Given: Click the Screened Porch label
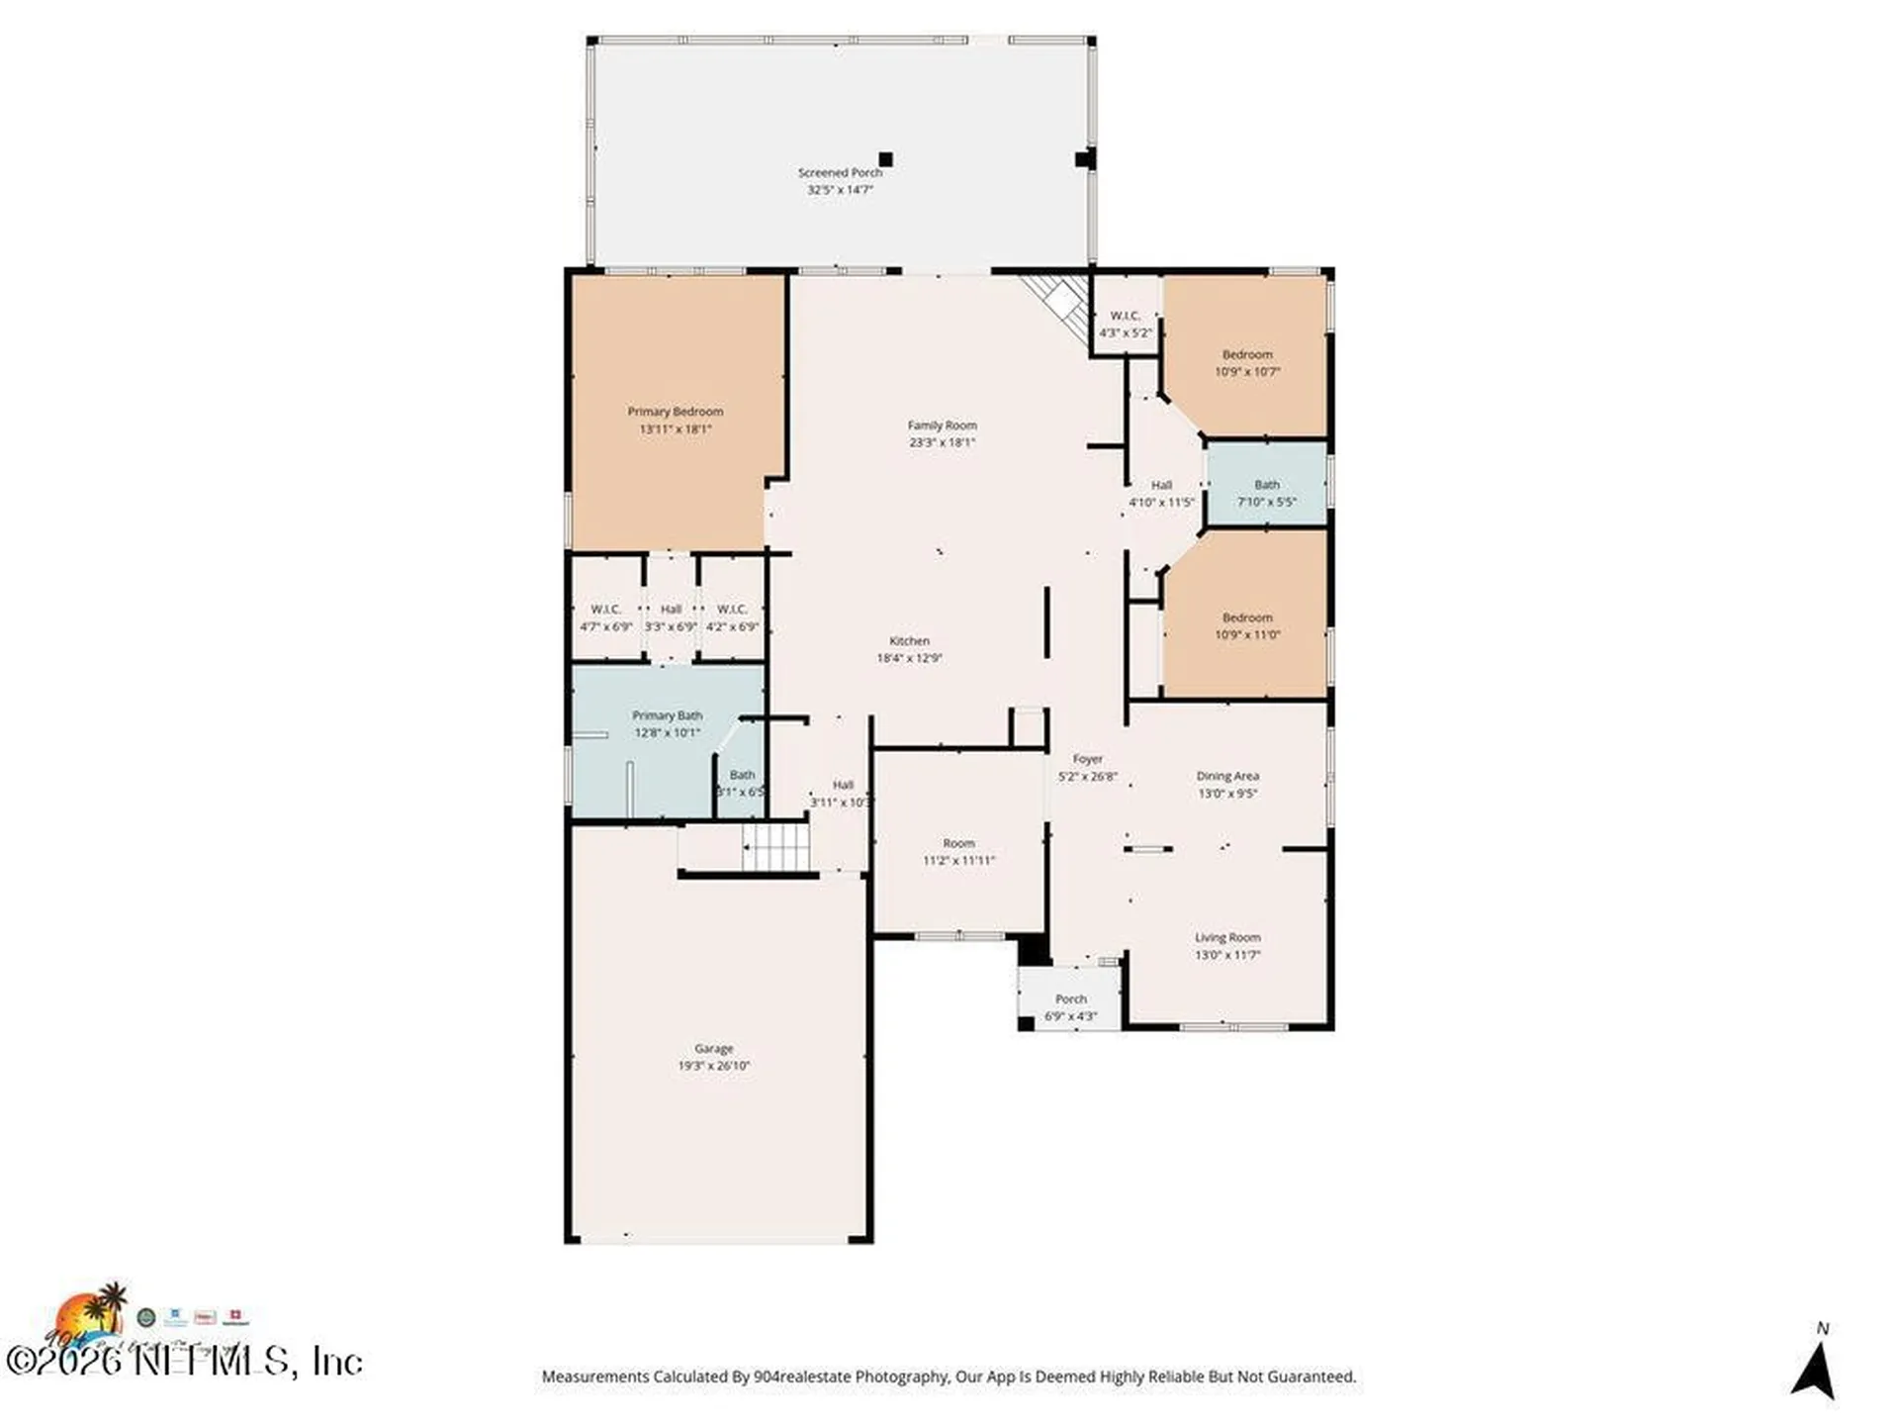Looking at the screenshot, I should (840, 172).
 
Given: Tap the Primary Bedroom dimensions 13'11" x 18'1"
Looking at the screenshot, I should (676, 429).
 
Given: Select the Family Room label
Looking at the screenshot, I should (942, 426).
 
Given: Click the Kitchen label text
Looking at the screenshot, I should (909, 641).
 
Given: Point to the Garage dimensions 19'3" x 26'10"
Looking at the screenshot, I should (713, 1067).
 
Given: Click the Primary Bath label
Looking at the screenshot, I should (667, 715).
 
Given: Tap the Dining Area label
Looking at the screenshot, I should (1226, 777).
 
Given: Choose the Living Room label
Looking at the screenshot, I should (1226, 938).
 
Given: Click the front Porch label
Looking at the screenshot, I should (1070, 999).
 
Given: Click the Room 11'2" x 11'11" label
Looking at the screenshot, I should (958, 844).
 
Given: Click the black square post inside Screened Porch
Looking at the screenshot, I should (885, 159).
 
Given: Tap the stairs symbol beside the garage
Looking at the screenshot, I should (776, 847).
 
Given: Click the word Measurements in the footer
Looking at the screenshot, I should (593, 1377).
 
